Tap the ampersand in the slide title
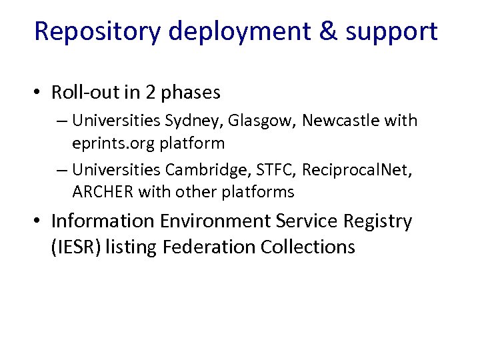329,31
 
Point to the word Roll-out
81,93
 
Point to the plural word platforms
259,192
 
